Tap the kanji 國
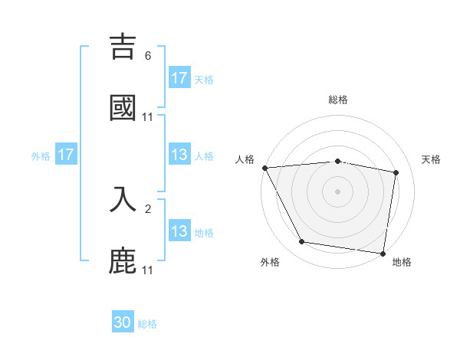point(123,107)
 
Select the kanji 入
point(123,198)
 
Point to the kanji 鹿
point(123,260)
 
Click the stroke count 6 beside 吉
point(148,56)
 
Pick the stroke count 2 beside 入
point(148,208)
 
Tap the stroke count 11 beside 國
point(148,117)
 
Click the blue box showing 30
point(123,322)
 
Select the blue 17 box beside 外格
point(65,155)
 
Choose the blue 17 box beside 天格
point(179,78)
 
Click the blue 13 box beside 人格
point(179,155)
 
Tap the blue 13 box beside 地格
point(179,231)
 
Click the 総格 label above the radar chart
point(338,100)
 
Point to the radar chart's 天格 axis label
point(432,159)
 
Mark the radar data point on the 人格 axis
point(264,168)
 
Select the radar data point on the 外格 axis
point(302,242)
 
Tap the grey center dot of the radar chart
point(337,191)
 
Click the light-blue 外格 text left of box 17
point(41,155)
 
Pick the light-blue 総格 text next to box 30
point(147,324)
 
